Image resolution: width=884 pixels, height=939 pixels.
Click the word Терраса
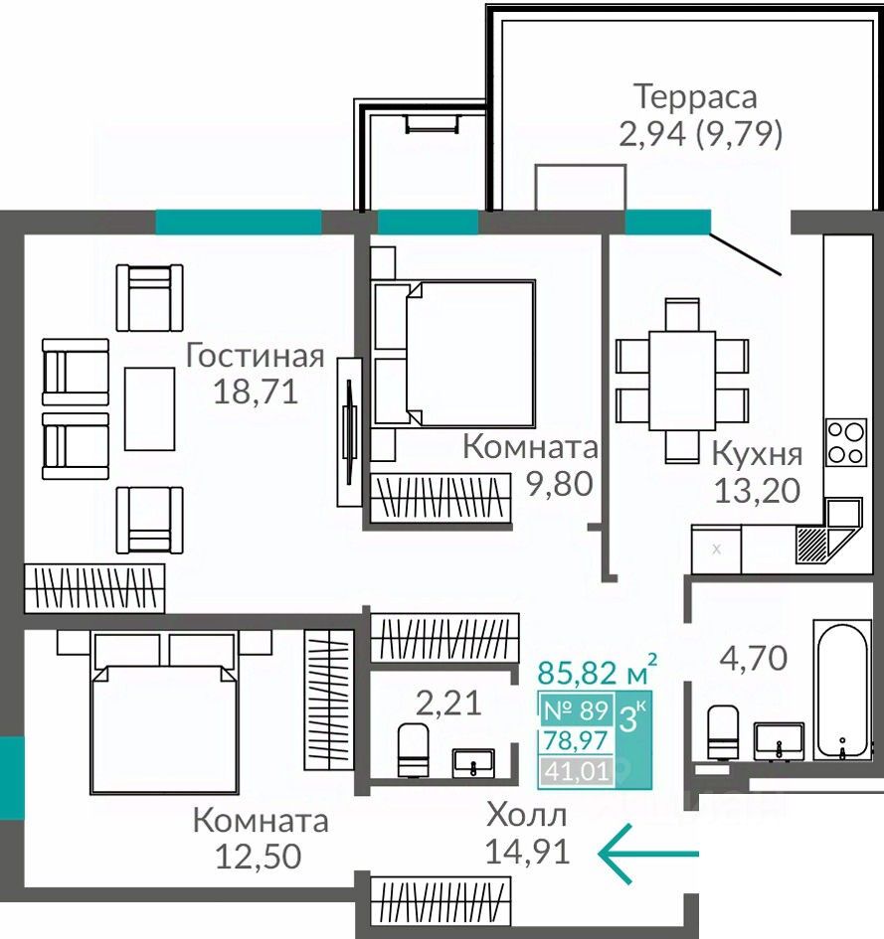(x=695, y=97)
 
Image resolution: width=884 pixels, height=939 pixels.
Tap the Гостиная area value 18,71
(x=256, y=392)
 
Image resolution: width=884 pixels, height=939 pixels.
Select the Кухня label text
(x=757, y=454)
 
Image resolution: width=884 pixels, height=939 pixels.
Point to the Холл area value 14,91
(x=527, y=851)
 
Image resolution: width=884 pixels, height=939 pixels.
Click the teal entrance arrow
(x=648, y=854)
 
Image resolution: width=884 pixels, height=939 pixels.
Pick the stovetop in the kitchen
(x=846, y=442)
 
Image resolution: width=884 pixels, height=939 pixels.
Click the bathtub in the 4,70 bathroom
(x=842, y=690)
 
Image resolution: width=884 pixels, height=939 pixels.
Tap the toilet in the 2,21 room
(x=414, y=750)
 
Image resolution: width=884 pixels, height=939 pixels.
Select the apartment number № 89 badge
(x=576, y=710)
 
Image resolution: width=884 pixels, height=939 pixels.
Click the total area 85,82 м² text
(x=597, y=671)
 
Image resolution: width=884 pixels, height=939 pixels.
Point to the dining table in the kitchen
(x=682, y=381)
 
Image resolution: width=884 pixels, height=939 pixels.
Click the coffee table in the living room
(x=150, y=409)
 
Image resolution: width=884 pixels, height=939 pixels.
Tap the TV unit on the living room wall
(x=349, y=432)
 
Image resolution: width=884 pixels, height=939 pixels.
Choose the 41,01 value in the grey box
(x=577, y=771)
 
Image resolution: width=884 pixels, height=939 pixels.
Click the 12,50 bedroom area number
(x=258, y=857)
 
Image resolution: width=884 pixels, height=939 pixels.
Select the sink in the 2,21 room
(x=473, y=762)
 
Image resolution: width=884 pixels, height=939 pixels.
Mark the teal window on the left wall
(x=12, y=778)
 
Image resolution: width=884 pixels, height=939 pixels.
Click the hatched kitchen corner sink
(x=812, y=545)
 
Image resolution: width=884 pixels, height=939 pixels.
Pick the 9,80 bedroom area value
(x=560, y=484)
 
